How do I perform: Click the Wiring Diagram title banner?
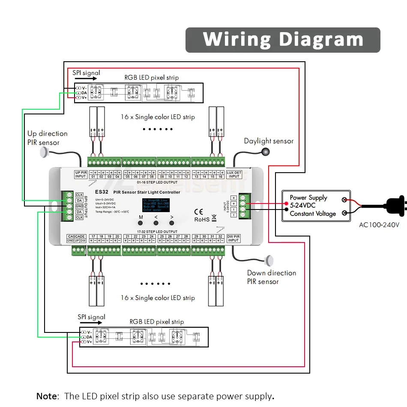[283, 40]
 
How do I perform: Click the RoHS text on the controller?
[202, 219]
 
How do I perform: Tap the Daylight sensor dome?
[266, 151]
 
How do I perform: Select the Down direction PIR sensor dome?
[270, 259]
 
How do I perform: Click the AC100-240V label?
[379, 224]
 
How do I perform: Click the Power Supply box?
[316, 206]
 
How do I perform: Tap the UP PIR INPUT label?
[81, 174]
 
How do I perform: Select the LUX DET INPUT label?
[234, 174]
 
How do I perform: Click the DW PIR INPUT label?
[233, 238]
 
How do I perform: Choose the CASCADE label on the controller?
[76, 236]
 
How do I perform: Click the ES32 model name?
[101, 192]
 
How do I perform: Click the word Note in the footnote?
[46, 396]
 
